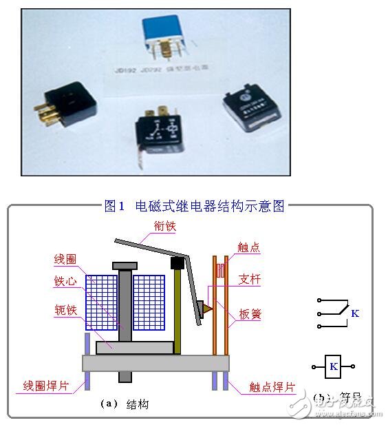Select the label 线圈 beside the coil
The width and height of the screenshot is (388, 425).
tap(64, 260)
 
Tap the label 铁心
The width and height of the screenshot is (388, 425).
tap(64, 280)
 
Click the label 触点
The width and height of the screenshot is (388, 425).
tap(249, 248)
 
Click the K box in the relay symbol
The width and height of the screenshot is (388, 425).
tap(334, 366)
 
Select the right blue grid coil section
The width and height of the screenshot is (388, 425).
tap(149, 301)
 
